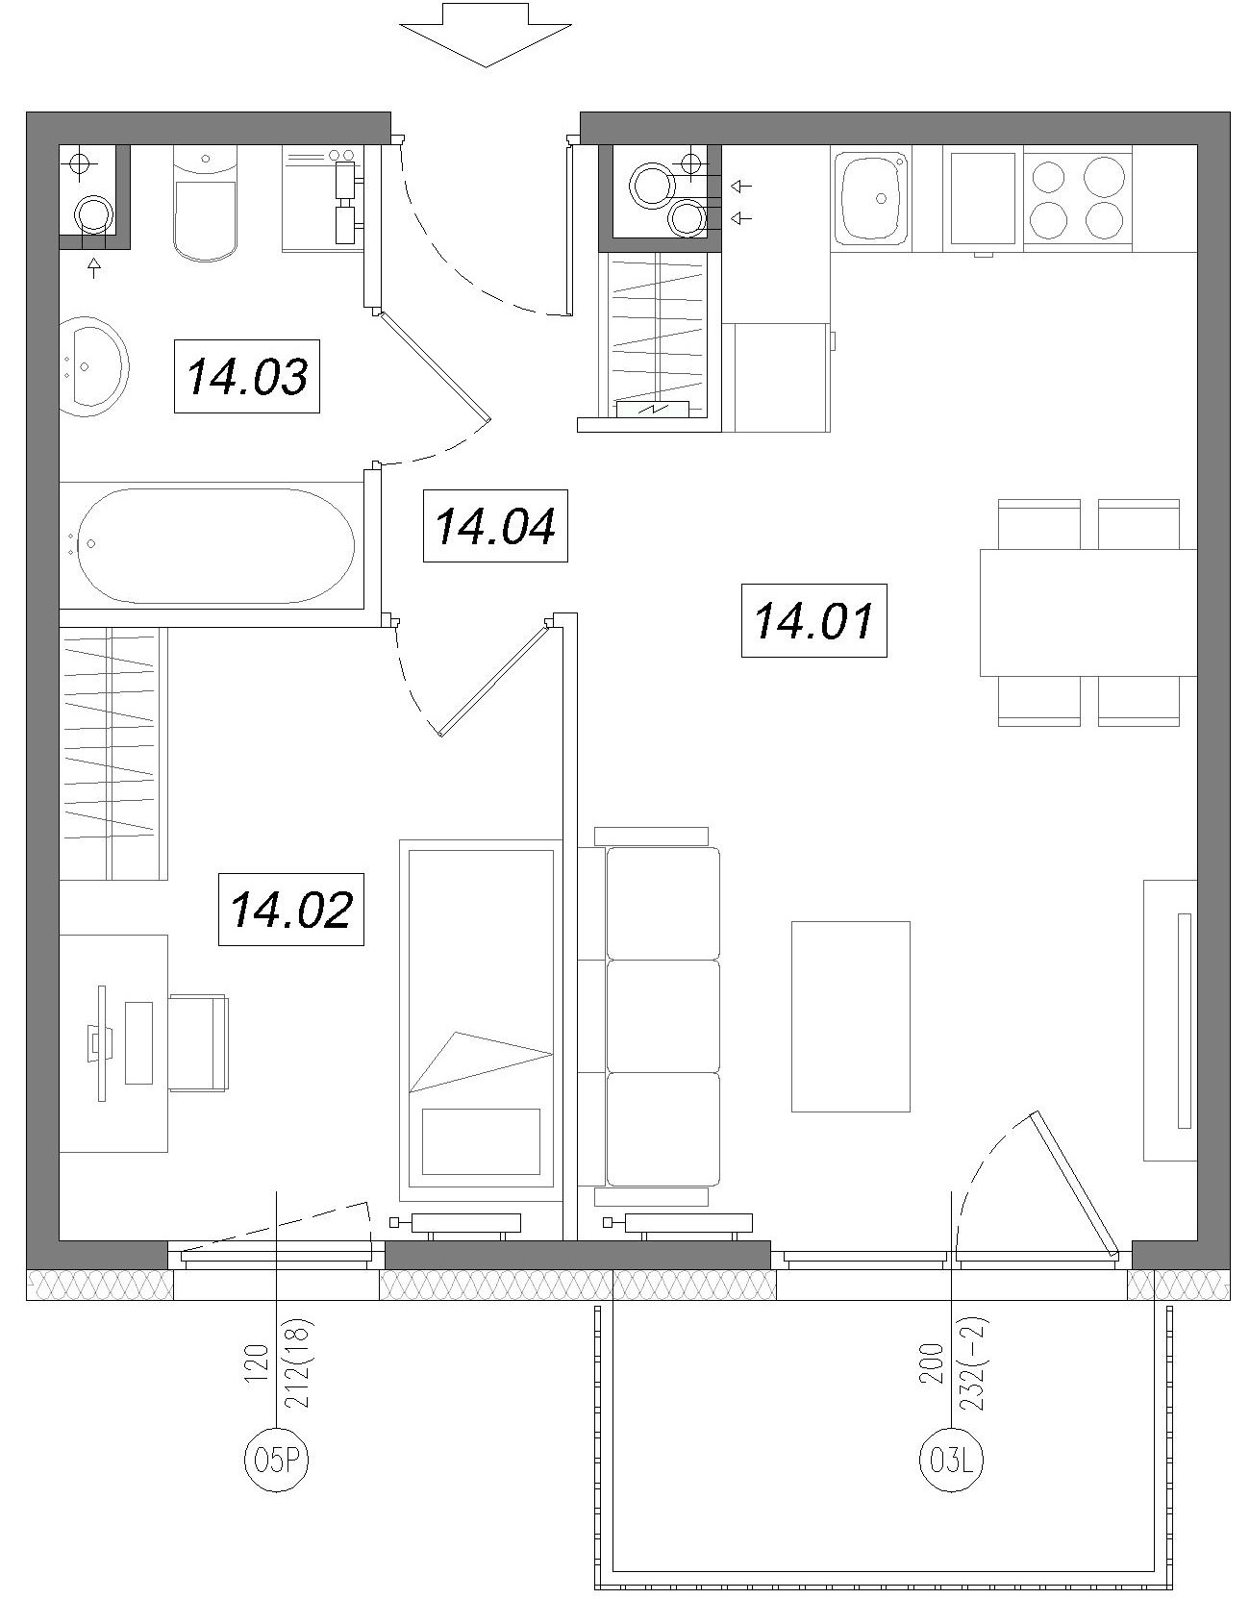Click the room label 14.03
coord(246,376)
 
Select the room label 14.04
coord(495,526)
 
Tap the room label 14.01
coord(813,620)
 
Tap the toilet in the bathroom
coord(206,204)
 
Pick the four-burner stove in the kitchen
coord(1077,198)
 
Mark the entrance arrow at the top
coord(486,35)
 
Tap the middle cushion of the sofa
coord(662,1015)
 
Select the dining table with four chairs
coord(1088,612)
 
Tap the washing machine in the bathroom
coord(322,199)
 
